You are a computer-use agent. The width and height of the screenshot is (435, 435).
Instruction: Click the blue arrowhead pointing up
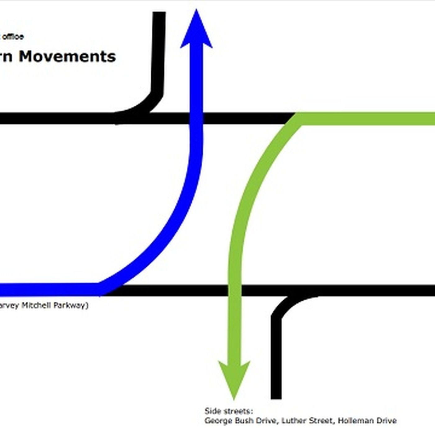196,31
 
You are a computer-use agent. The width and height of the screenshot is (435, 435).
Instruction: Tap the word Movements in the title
67,57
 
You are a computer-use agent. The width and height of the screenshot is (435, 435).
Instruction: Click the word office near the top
13,37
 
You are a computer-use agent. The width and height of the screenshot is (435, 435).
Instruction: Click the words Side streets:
229,411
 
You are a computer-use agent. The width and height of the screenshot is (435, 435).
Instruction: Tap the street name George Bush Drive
240,421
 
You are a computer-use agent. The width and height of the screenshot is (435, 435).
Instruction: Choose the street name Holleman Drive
367,421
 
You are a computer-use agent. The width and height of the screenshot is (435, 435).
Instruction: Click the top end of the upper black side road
159,14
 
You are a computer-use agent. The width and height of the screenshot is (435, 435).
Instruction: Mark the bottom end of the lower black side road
276,396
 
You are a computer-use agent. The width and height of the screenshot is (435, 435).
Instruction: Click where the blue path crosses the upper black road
196,118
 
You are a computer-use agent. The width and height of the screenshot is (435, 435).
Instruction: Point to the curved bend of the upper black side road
152,101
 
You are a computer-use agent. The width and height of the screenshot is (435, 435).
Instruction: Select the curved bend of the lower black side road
283,306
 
